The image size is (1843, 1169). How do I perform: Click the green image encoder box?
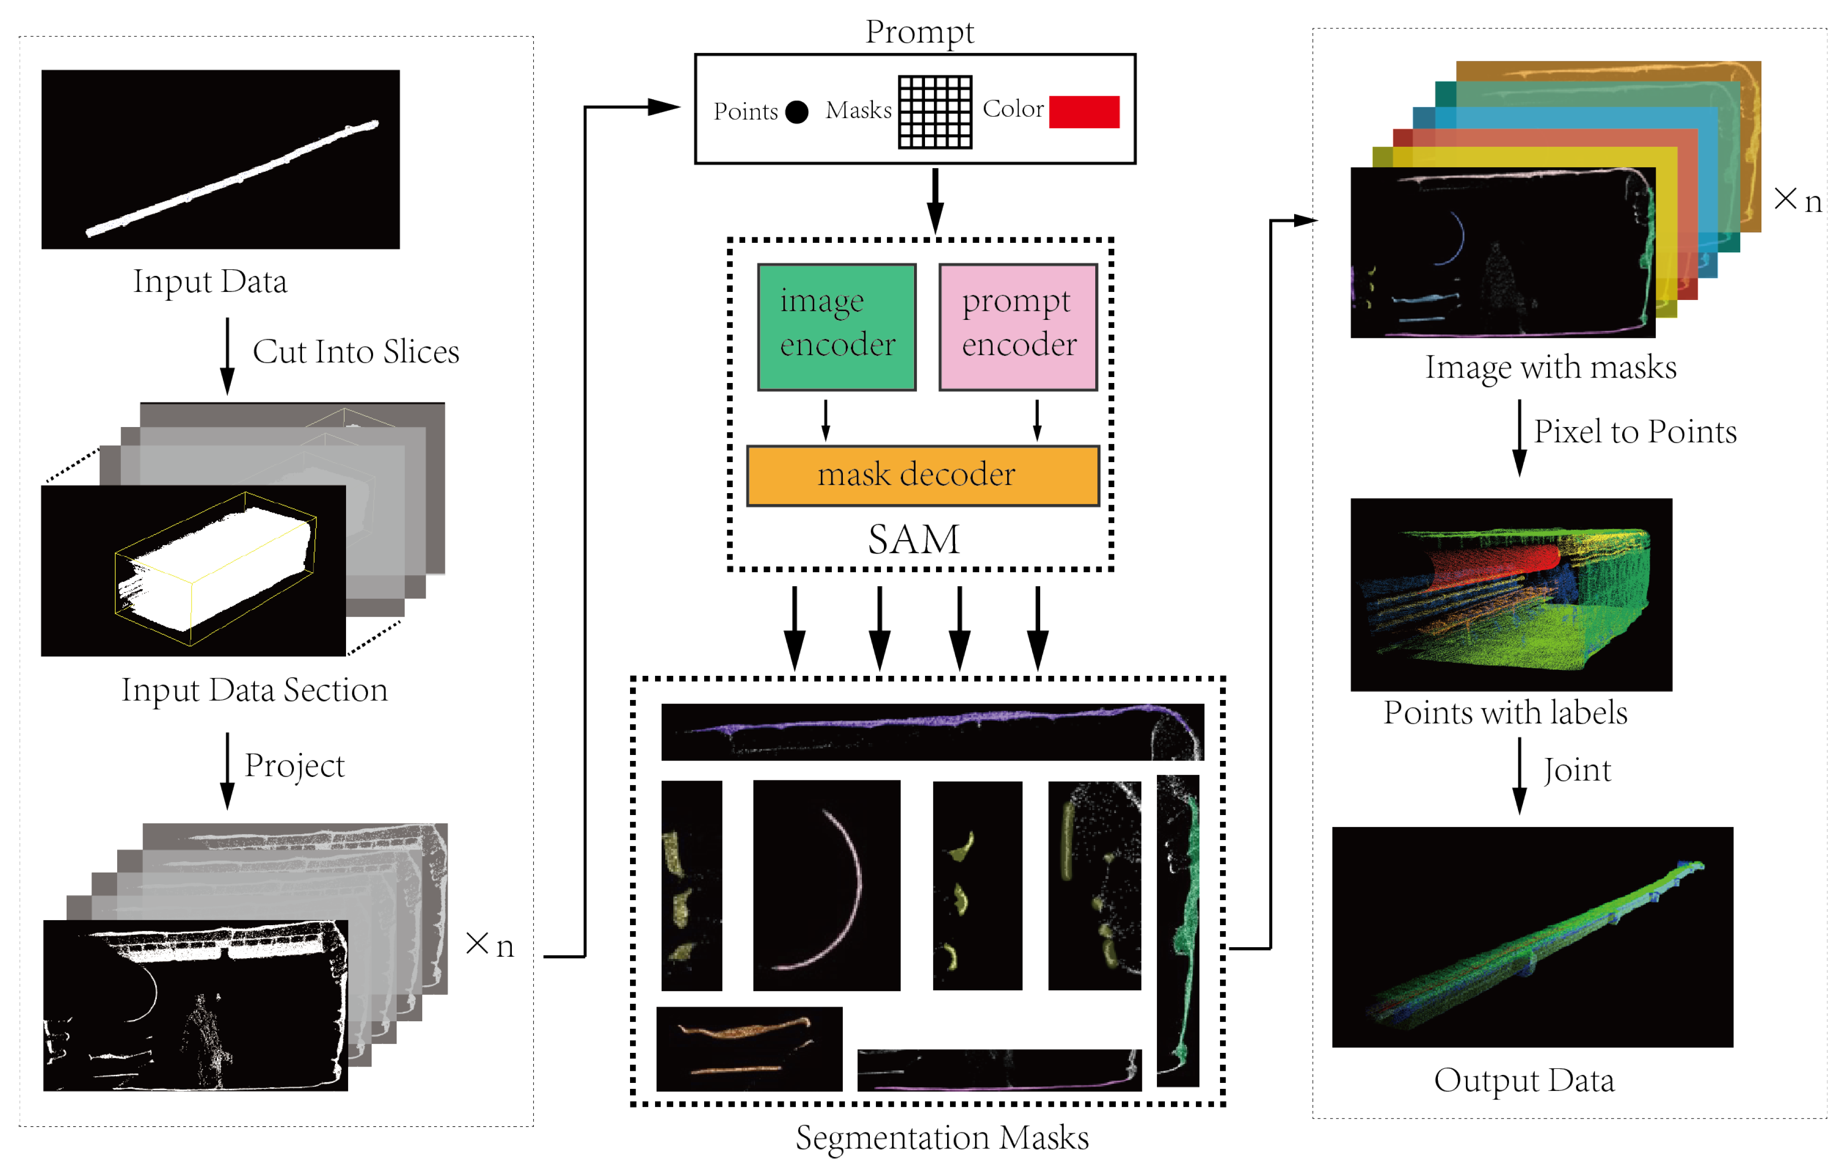[x=836, y=327]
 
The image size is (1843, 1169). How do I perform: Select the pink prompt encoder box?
[x=1018, y=327]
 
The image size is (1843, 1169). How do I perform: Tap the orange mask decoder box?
[x=923, y=475]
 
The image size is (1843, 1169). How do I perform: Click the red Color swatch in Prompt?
[x=1084, y=112]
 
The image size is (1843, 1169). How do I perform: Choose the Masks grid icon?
[x=935, y=112]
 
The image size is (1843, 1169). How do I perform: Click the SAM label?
[x=913, y=539]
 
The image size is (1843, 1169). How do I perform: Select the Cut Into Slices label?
[x=356, y=352]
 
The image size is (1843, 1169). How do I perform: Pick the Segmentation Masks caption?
[x=942, y=1137]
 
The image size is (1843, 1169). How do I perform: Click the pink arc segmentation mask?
[x=826, y=885]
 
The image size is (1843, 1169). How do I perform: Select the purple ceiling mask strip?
[x=932, y=731]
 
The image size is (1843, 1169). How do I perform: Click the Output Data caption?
[x=1524, y=1080]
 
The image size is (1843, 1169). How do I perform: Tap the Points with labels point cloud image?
[x=1511, y=594]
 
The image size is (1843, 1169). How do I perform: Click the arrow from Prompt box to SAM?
[x=936, y=200]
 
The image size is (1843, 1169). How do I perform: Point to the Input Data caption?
[x=210, y=281]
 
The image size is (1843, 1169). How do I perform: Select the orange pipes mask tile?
[x=749, y=1048]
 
